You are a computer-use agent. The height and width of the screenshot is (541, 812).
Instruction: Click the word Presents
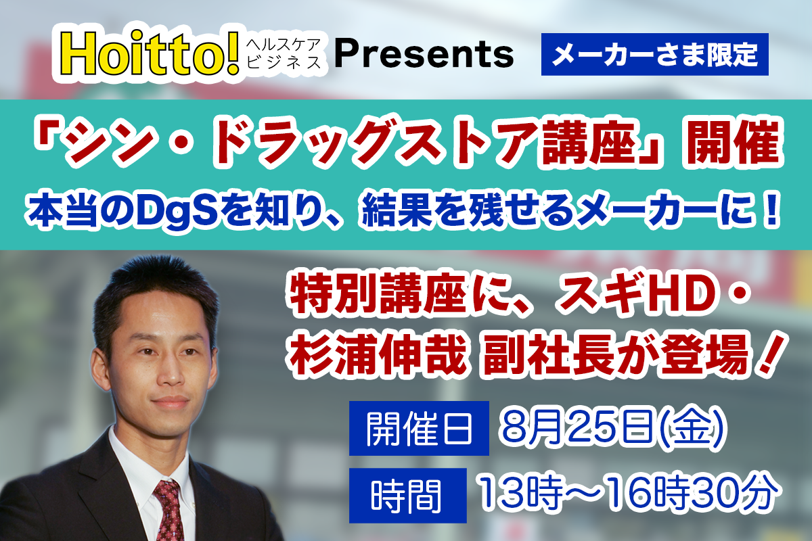pos(424,53)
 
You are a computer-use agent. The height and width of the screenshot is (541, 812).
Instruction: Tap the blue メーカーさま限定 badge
pos(654,53)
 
